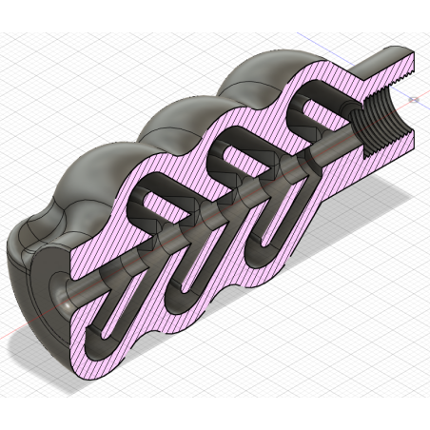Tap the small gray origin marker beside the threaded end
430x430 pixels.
click(413, 98)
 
